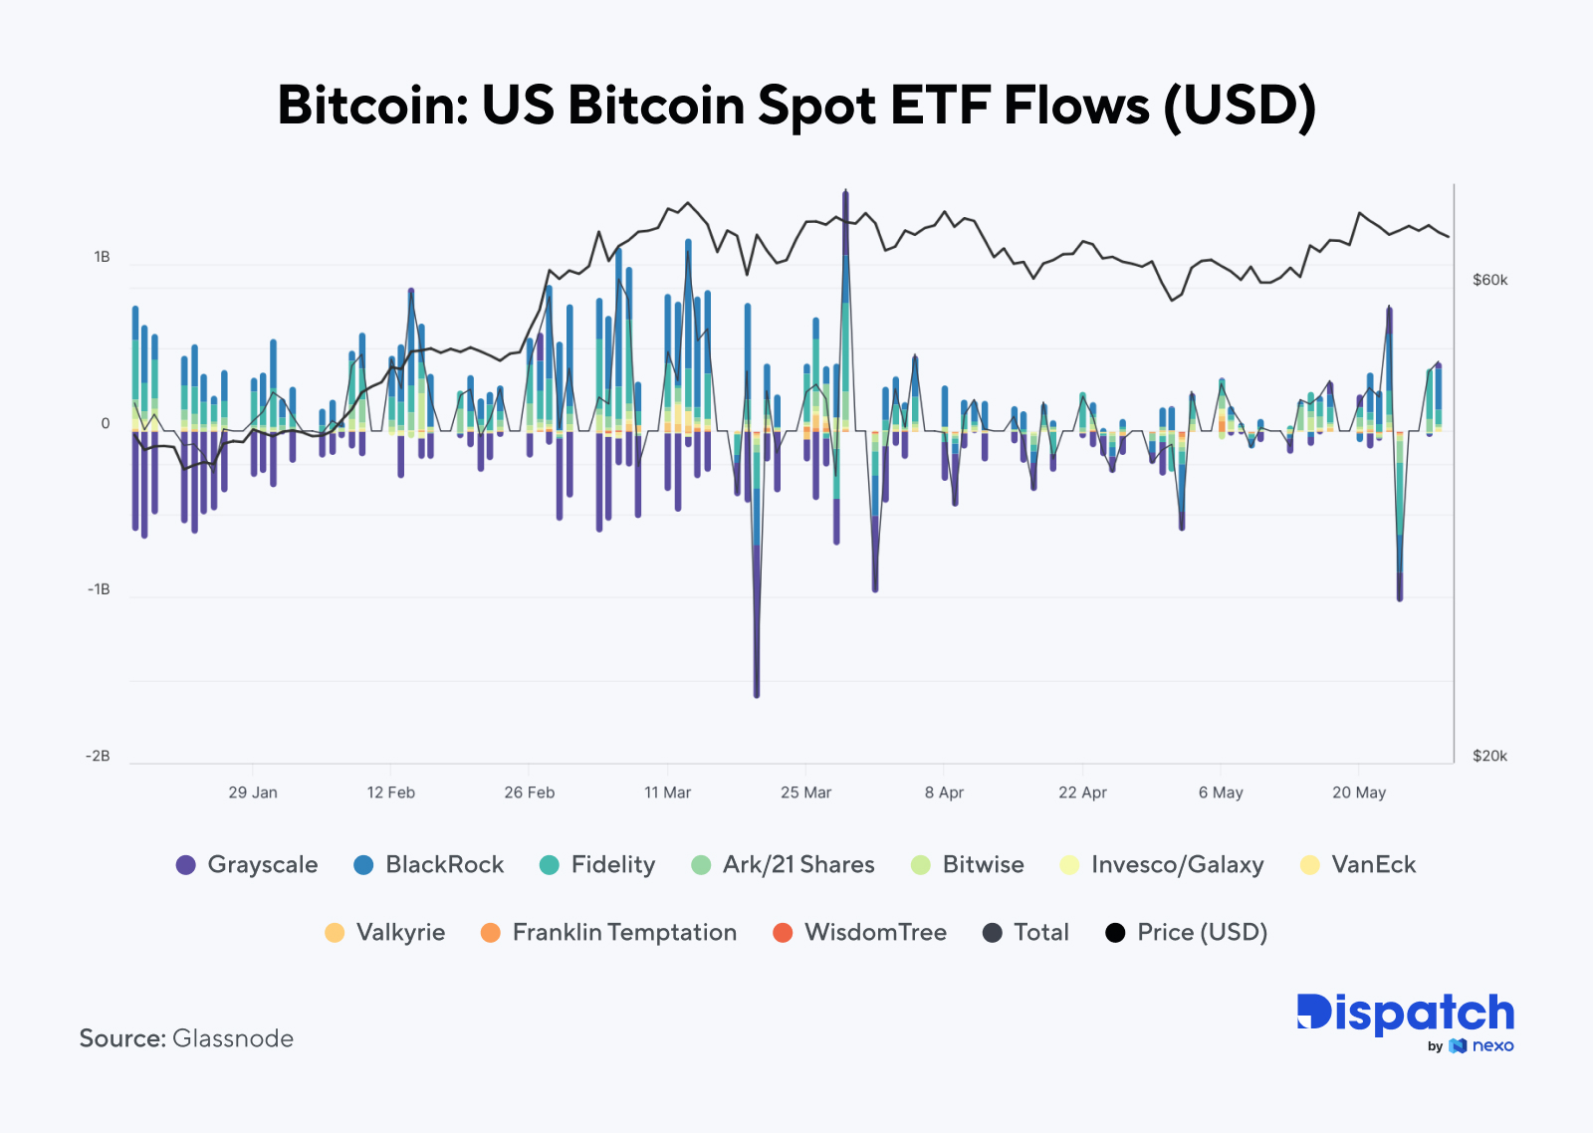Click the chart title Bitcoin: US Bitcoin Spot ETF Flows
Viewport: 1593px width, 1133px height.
tap(796, 105)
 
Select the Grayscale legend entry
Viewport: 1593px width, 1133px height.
tap(247, 864)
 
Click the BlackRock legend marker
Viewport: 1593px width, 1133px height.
tap(363, 864)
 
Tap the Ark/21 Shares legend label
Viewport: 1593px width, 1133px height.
tap(798, 864)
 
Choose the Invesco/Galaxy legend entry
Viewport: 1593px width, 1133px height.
tap(1162, 864)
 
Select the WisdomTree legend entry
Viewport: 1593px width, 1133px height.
tap(859, 932)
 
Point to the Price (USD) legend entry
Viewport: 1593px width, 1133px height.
tap(1186, 932)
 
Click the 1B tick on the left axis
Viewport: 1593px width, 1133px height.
tap(102, 257)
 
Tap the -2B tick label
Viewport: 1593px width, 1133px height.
tap(98, 756)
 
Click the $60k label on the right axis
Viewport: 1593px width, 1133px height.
tap(1489, 280)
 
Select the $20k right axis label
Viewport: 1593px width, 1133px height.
tap(1489, 756)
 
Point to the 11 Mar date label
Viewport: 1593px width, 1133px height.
tap(667, 793)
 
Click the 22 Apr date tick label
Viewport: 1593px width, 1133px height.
tap(1082, 793)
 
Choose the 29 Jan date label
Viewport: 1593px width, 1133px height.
tap(253, 793)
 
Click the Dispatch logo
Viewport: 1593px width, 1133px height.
tap(1405, 1016)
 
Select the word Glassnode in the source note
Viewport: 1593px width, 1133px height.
tap(233, 1038)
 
